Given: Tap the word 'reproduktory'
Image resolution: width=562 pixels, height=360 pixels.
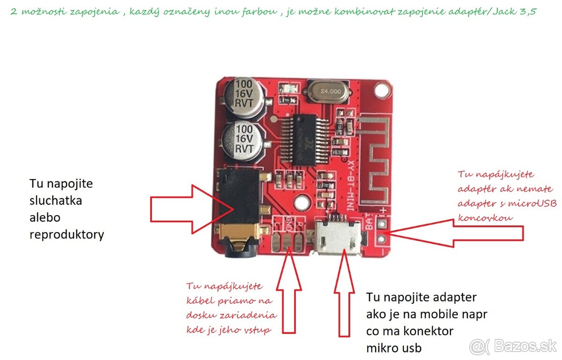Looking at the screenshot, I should click(x=67, y=234).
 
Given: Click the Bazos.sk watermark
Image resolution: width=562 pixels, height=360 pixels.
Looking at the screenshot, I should click(x=513, y=346).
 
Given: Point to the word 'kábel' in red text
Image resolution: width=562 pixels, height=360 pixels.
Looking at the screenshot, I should click(x=199, y=300).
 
